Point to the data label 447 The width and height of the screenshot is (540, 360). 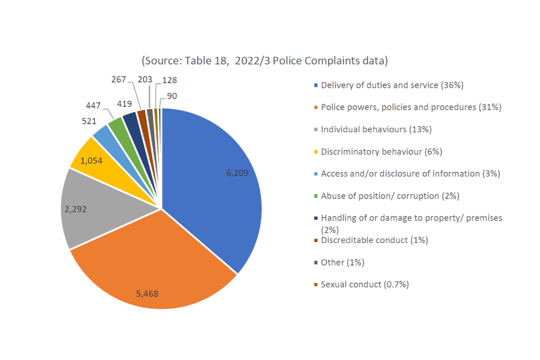point(94,106)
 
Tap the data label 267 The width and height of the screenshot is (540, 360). point(119,79)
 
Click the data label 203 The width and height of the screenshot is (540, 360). point(145,79)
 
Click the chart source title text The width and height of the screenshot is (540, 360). point(264,60)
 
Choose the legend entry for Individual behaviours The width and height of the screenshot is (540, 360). point(376,129)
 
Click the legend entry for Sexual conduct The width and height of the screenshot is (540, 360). point(364,285)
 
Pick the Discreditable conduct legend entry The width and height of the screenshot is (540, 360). point(374,240)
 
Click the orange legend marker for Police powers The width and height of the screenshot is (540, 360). point(316,107)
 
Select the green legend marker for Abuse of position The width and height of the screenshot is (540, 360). point(316,196)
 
